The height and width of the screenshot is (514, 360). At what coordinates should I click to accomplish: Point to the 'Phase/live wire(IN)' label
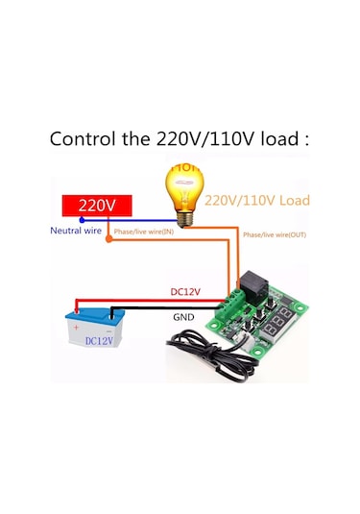pos(144,232)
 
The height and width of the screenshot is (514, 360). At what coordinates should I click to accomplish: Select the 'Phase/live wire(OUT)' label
pos(274,234)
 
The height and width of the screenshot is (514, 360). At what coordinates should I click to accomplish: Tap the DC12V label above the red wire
pos(185,291)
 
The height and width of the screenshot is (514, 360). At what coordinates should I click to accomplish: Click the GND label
pos(183,316)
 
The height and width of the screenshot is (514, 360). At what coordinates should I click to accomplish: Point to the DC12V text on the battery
pos(98,339)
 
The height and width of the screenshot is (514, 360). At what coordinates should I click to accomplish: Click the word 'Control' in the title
pos(86,137)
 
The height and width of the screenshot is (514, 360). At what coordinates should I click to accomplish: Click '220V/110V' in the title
pos(207,137)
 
